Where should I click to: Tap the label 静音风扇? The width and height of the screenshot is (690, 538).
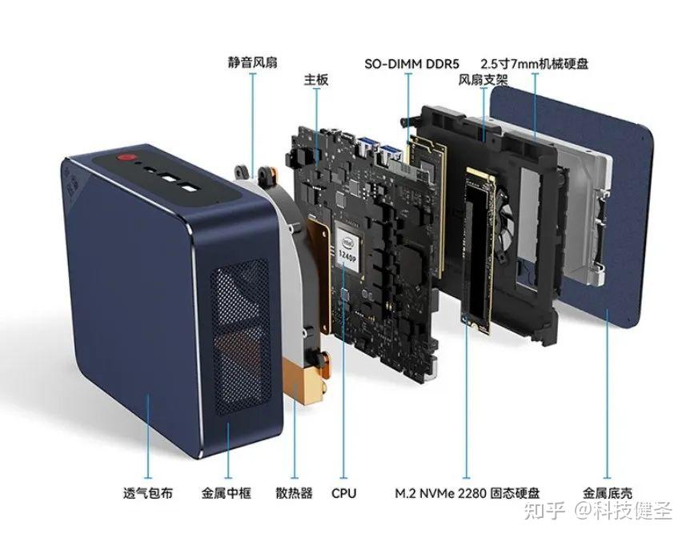pos(253,62)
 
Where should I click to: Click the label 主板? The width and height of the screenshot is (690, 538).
pos(316,80)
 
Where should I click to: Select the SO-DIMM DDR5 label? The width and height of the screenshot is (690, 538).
pos(411,64)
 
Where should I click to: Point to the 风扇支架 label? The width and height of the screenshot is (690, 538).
pos(483,80)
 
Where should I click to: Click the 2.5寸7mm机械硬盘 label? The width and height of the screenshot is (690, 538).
pos(534,64)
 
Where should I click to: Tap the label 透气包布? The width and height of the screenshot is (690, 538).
pos(148,493)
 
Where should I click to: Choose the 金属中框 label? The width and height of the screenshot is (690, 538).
pos(227,493)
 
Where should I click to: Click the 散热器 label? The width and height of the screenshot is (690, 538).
pos(294,493)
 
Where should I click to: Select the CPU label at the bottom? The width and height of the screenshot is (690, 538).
pos(343,493)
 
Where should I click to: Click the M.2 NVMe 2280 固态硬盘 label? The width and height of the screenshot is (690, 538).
pos(467,493)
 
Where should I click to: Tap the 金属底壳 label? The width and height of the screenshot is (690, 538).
pos(608,493)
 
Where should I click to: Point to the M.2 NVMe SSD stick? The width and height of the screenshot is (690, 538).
pos(478,248)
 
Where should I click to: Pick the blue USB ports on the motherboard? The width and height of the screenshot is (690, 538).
pos(379,149)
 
